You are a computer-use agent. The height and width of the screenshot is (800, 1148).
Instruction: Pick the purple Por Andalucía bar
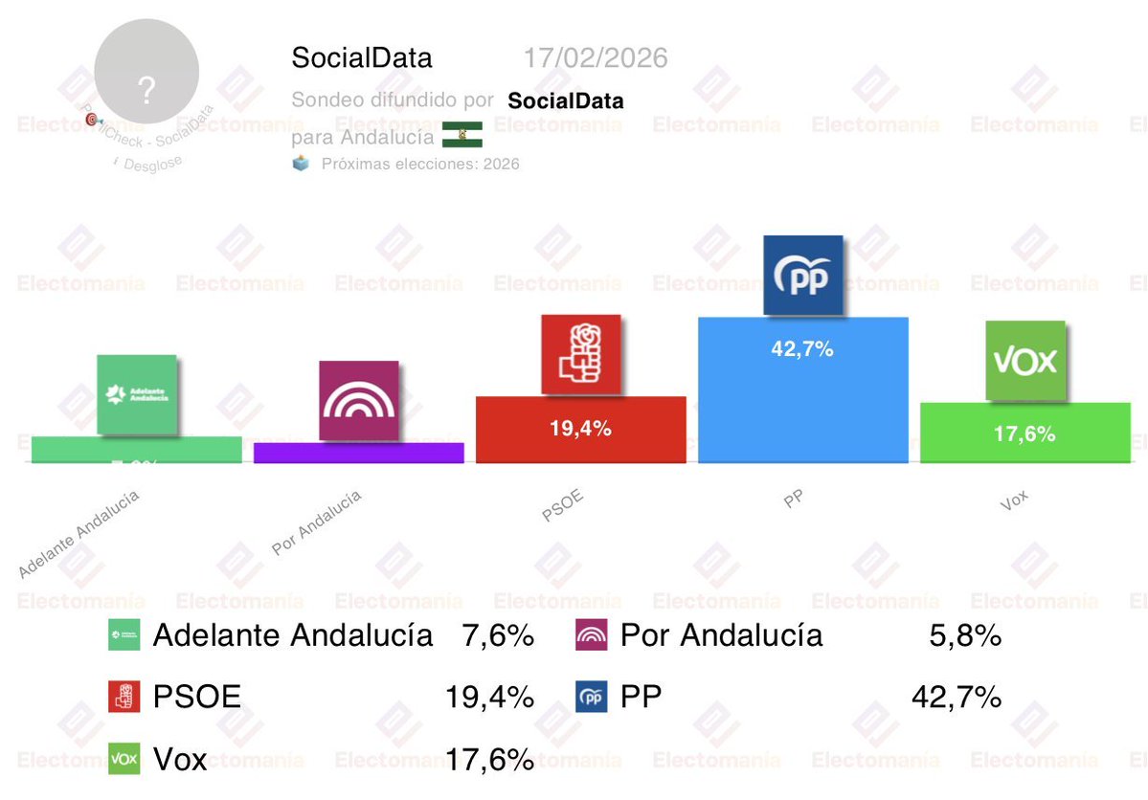point(358,453)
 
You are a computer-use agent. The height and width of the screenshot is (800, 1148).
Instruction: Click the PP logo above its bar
point(802,276)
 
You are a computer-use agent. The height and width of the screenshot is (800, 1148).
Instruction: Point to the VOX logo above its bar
point(1024,361)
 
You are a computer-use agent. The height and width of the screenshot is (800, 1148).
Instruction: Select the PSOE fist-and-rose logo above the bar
point(580,354)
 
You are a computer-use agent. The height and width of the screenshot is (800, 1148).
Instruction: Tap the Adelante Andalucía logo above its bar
point(137,394)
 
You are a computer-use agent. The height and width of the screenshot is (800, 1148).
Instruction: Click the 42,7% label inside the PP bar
point(802,349)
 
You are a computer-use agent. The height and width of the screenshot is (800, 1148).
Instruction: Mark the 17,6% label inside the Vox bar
point(1024,433)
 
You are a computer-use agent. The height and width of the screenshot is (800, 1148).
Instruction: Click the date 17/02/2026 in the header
point(595,58)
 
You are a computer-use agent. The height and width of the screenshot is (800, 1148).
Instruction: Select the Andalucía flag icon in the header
point(461,135)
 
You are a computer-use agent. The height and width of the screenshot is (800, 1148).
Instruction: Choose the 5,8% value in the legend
point(965,635)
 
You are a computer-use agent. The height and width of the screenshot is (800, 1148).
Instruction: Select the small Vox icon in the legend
point(124,759)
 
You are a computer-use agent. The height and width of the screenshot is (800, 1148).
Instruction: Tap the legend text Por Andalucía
point(721,635)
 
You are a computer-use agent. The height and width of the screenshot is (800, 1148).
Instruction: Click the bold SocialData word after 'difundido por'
point(565,100)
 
